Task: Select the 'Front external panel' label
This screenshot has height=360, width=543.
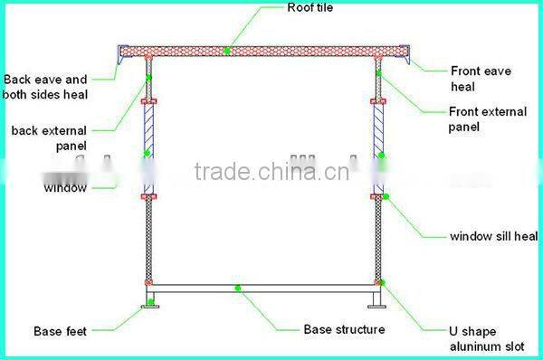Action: (x=487, y=119)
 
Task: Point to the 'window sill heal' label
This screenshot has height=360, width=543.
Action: (x=493, y=236)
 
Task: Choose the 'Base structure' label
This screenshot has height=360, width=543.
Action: (x=343, y=329)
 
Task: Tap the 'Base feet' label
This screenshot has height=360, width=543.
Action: (x=60, y=331)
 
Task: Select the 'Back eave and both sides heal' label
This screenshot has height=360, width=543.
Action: (x=45, y=87)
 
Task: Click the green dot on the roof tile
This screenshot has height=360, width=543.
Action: (x=227, y=51)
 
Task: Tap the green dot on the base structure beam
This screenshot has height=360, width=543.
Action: (x=237, y=289)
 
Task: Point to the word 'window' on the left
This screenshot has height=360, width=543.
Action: (x=66, y=188)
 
